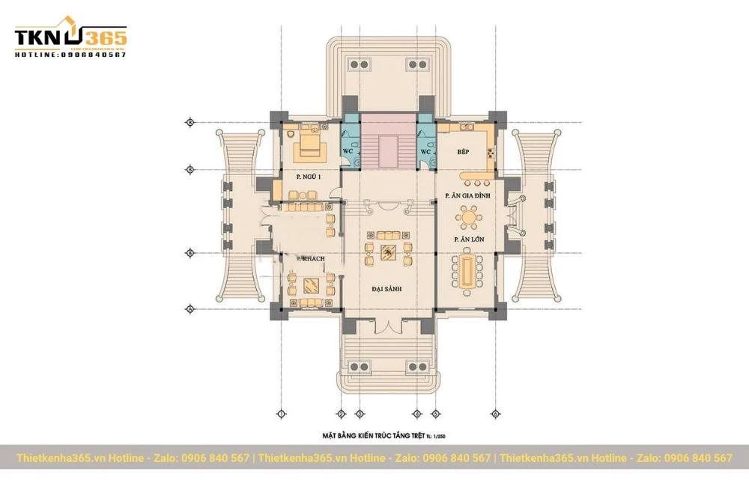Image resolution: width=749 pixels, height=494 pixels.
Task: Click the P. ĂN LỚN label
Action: pos(468,240)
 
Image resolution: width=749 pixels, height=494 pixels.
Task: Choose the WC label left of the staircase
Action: pos(348,151)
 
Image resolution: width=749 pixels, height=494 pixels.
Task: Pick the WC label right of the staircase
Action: pos(425,151)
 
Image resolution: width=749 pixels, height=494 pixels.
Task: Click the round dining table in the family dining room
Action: pos(469,219)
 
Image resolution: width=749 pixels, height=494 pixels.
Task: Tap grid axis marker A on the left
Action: pos(189,309)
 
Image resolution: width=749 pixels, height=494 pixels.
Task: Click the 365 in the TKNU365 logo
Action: pos(104,38)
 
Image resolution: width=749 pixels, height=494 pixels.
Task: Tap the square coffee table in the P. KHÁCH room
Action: pos(310,284)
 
